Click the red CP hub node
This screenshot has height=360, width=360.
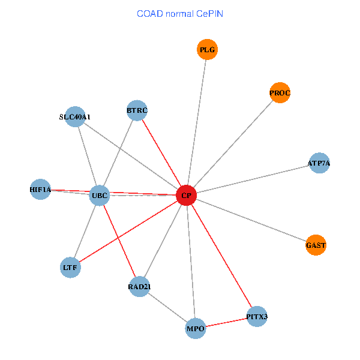[187, 196]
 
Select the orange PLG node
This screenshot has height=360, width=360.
[207, 50]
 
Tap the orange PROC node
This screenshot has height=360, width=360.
[280, 93]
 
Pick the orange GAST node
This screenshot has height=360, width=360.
[316, 245]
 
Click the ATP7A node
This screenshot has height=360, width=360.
[319, 163]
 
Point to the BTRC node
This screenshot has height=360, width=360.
[137, 110]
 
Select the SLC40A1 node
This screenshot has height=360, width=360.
[75, 116]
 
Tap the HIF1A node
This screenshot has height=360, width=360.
[40, 190]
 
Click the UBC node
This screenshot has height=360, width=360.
[100, 195]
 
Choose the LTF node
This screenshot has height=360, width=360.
[71, 267]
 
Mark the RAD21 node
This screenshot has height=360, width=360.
[139, 287]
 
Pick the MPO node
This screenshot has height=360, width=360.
[196, 329]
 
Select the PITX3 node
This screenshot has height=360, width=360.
[257, 316]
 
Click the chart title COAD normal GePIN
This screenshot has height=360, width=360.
[180, 13]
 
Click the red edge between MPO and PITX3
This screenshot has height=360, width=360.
[226, 322]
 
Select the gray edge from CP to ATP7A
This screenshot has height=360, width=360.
[252, 179]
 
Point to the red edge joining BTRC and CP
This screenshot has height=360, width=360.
[162, 153]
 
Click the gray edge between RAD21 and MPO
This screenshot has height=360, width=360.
[167, 308]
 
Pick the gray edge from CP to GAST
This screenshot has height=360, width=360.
[251, 220]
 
